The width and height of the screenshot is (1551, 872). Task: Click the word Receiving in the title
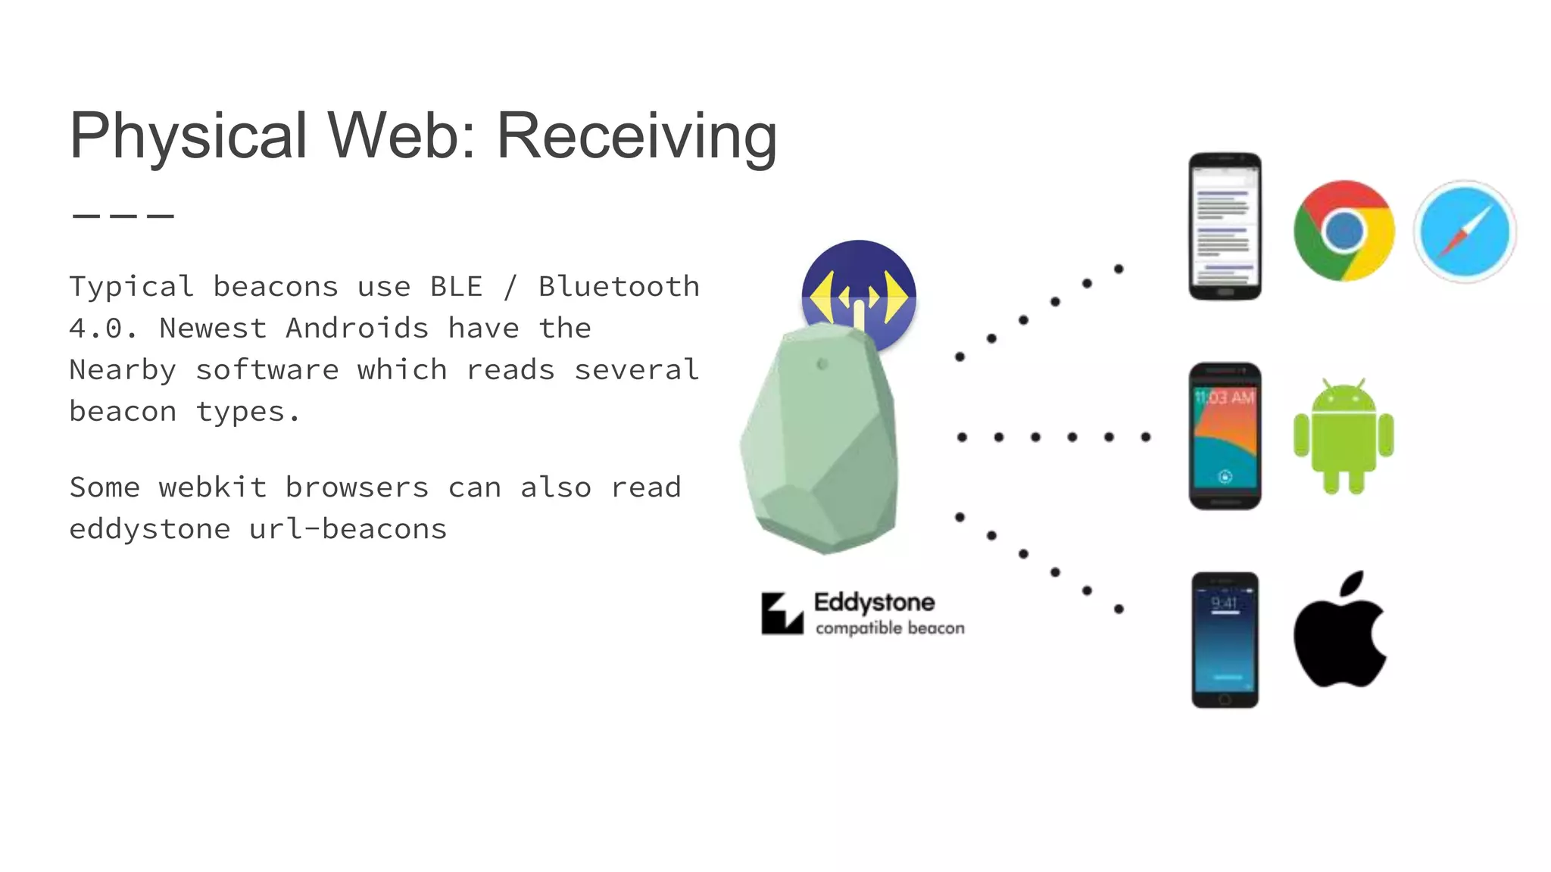point(636,136)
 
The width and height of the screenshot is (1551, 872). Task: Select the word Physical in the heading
point(188,136)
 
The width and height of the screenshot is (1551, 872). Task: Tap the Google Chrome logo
point(1343,231)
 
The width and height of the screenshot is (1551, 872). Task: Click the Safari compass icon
point(1465,232)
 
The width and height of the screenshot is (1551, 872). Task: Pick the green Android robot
point(1343,437)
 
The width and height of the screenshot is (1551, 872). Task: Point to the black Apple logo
point(1339,632)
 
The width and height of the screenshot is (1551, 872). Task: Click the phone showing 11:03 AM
point(1225,436)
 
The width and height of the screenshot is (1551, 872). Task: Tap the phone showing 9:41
point(1225,640)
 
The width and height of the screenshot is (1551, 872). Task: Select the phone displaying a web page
point(1225,226)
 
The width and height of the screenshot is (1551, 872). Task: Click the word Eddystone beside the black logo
point(874,603)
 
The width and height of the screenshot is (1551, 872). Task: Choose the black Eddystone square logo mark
point(782,613)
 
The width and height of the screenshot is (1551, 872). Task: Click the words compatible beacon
point(890,628)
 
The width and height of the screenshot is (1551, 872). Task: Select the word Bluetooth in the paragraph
point(619,287)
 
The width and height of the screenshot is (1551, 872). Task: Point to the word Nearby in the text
point(123,370)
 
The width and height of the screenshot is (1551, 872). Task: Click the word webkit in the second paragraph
point(213,487)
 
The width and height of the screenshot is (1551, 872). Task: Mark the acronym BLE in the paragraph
point(456,287)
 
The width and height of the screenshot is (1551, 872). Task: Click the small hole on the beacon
point(822,365)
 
